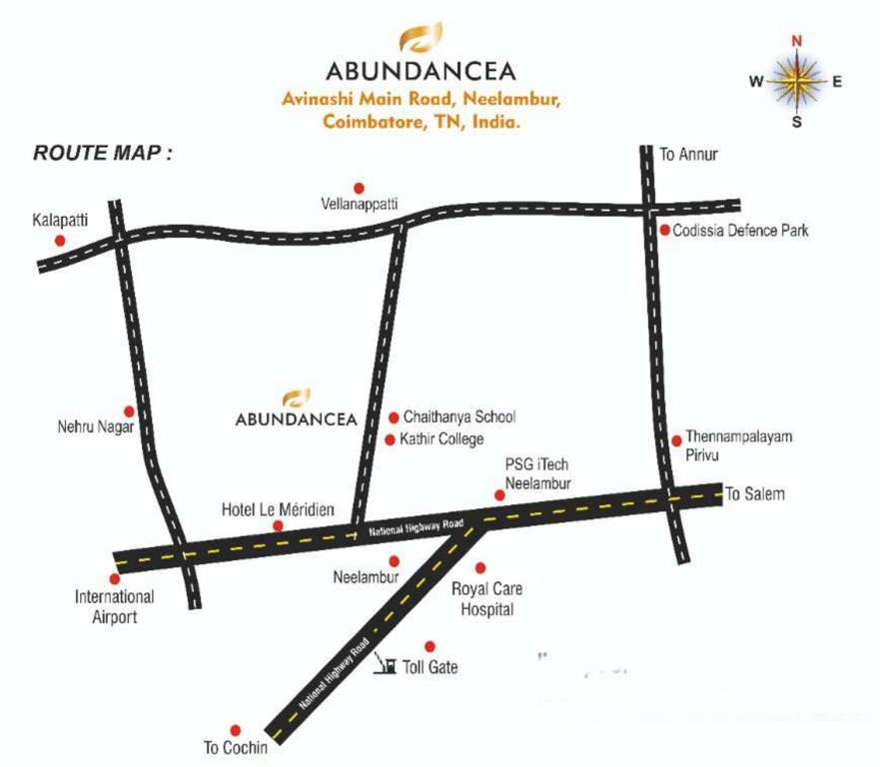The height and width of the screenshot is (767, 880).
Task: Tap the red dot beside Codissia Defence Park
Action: tap(664, 231)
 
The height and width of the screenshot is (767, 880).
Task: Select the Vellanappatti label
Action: tap(358, 205)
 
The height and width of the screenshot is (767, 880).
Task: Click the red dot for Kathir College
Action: tap(390, 439)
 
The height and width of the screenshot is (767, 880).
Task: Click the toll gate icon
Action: tap(385, 663)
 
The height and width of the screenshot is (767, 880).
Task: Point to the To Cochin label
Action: tap(236, 747)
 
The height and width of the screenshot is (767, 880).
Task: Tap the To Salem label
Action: tap(755, 493)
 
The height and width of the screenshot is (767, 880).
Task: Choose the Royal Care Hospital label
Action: tap(486, 599)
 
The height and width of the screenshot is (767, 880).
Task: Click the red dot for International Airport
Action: tap(115, 578)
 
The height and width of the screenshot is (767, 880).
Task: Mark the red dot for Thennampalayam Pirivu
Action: tap(677, 439)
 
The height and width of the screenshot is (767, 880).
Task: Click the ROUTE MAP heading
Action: tap(103, 154)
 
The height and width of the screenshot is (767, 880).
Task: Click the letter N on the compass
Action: tap(797, 41)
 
